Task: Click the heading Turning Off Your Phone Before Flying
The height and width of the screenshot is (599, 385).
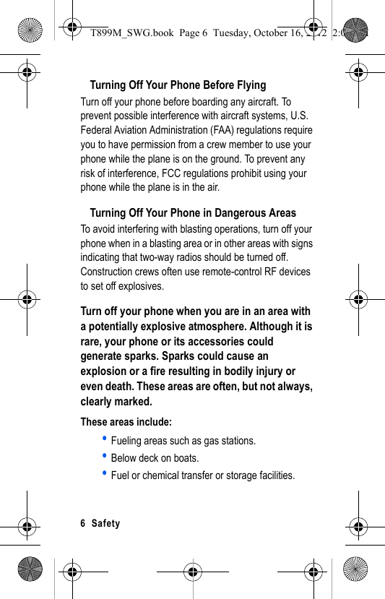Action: coord(178,85)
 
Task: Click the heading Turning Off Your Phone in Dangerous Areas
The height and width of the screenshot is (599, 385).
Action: coord(193,213)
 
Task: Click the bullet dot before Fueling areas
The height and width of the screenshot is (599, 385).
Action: coord(105,439)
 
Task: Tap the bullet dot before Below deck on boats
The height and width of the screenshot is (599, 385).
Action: coord(105,456)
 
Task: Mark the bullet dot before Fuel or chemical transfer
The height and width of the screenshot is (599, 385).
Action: coord(105,473)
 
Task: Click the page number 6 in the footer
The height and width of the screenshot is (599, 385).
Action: coord(83,523)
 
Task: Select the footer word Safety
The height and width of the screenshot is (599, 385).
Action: coord(106,523)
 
